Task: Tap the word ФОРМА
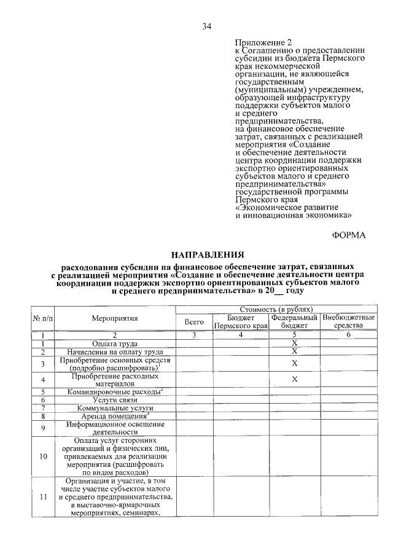(x=348, y=235)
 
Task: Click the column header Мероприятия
(x=115, y=318)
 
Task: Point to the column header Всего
(x=194, y=321)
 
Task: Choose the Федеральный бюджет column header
(x=295, y=321)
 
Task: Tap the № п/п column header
(x=44, y=318)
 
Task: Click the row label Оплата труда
(x=115, y=343)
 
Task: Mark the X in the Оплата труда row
(x=295, y=343)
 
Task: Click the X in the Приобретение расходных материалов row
(x=295, y=379)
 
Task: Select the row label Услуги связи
(x=115, y=399)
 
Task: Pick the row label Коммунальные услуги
(x=115, y=408)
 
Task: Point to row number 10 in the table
(x=44, y=456)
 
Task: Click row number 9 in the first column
(x=44, y=428)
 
